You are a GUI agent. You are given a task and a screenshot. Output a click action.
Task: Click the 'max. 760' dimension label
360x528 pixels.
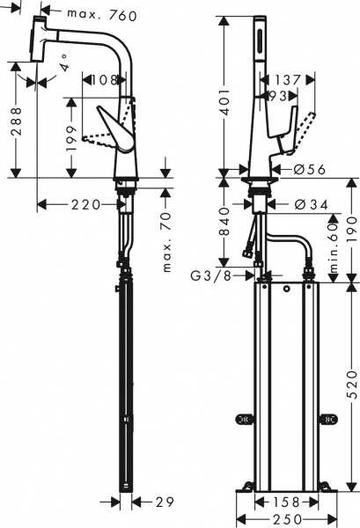pos(97,15)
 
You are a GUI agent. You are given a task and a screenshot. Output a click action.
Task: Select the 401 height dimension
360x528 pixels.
pos(226,102)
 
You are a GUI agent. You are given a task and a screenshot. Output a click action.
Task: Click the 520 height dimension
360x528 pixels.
pos(351,385)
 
